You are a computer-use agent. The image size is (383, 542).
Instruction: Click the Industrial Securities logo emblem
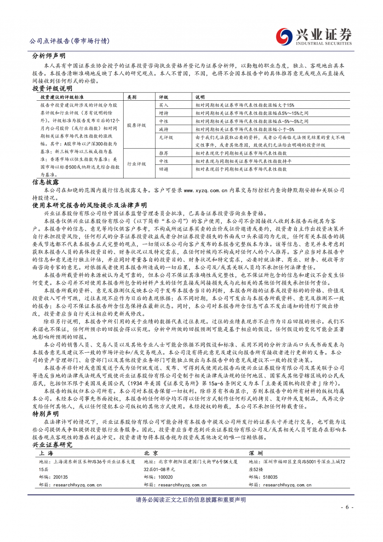pos(284,36)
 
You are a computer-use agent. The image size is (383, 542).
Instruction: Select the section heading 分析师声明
pos(49,56)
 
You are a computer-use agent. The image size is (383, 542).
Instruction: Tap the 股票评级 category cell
pos(136,125)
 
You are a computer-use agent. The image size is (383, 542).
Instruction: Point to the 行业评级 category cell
pos(136,161)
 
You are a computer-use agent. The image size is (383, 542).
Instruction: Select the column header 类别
pos(131,97)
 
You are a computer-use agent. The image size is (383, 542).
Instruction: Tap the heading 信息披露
pos(45,182)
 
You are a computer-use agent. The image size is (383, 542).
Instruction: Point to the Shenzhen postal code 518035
pos(270,477)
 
